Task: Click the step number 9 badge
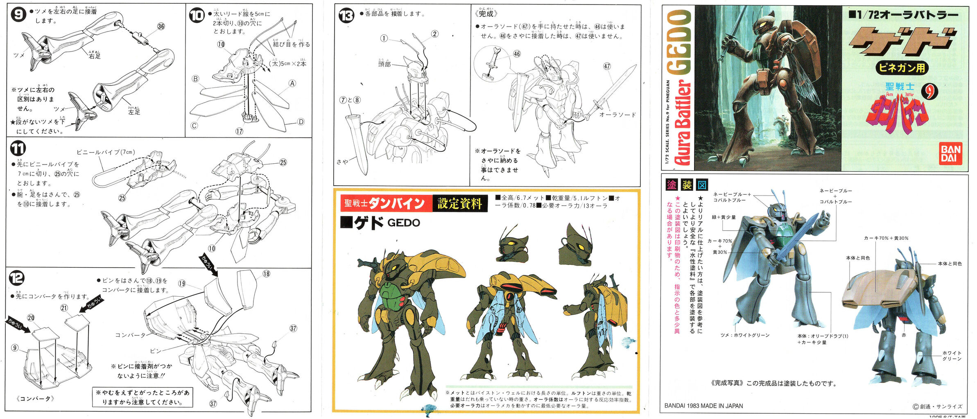18,14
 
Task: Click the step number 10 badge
197,15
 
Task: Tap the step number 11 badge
18,149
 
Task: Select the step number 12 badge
17,278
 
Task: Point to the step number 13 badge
346,16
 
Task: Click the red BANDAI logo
950,153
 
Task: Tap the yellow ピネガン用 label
902,68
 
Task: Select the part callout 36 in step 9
161,27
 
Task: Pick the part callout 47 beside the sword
607,66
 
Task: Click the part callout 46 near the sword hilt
517,54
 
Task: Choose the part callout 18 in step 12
266,274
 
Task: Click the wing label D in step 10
301,122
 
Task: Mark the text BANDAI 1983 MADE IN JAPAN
703,406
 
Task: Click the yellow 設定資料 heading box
459,203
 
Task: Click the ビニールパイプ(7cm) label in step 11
106,152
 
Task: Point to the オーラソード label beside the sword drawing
617,115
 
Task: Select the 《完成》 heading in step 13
486,14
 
